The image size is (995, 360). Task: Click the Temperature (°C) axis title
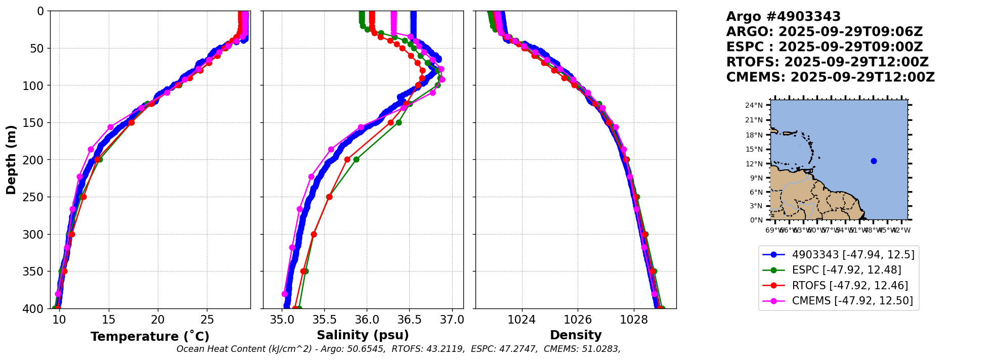click(x=150, y=337)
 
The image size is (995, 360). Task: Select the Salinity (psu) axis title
click(x=363, y=335)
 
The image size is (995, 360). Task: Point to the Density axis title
click(x=576, y=335)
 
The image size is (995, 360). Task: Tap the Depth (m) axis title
click(x=11, y=159)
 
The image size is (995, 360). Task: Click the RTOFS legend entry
click(x=850, y=286)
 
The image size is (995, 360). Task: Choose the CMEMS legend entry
click(x=852, y=301)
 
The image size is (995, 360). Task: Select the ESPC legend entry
click(x=846, y=270)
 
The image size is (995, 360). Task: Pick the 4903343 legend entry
click(x=853, y=255)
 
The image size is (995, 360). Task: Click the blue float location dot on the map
click(x=874, y=161)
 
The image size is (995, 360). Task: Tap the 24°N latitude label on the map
click(x=754, y=106)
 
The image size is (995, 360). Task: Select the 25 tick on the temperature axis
click(x=207, y=320)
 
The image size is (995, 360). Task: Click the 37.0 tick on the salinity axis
click(x=452, y=320)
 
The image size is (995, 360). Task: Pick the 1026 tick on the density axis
click(x=578, y=320)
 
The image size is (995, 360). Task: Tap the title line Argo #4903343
click(x=783, y=17)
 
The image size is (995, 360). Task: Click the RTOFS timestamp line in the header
click(x=827, y=62)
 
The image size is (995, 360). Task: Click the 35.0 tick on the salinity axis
click(x=282, y=320)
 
